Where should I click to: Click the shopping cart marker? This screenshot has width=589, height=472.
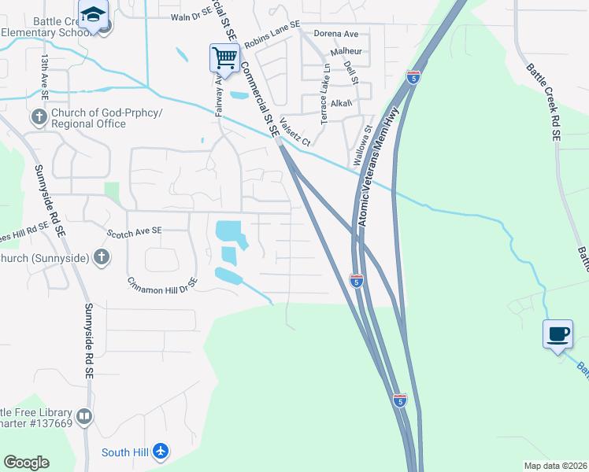tap(224, 58)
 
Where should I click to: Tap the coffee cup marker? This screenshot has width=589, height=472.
tap(558, 334)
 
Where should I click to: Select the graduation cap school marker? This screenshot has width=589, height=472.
tap(93, 16)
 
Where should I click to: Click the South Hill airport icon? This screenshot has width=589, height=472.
tap(161, 452)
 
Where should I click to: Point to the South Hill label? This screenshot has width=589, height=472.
tap(126, 452)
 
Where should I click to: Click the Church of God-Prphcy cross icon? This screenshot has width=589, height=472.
tap(39, 118)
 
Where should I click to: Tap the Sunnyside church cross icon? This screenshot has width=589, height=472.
tap(101, 257)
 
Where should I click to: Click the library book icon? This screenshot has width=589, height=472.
tap(84, 415)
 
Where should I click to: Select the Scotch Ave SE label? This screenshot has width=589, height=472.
tap(134, 230)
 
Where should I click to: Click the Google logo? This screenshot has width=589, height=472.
tap(26, 463)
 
